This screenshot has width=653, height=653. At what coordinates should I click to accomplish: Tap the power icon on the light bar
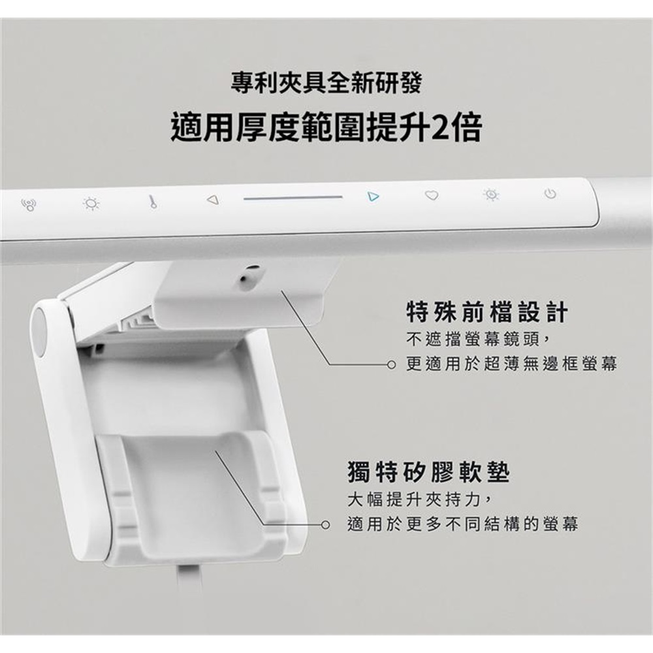pos(550,194)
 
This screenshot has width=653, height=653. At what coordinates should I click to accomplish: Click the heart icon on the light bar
pos(432,195)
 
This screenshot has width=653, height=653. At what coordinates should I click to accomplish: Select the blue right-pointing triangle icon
pos(374,196)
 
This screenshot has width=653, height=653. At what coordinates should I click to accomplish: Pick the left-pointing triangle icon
pos(213,200)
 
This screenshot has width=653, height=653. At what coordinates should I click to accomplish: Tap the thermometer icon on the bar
pos(153,202)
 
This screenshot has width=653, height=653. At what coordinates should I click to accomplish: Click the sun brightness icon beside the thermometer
pos(91,204)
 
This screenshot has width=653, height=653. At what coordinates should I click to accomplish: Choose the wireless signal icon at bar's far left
pos(28,204)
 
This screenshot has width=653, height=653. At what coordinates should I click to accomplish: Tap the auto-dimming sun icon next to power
pos(492,195)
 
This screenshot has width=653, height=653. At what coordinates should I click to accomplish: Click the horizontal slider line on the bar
pos(293,198)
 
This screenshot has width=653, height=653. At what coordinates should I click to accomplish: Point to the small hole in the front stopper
pos(246,278)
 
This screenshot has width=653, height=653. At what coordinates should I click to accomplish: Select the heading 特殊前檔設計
pos(487,313)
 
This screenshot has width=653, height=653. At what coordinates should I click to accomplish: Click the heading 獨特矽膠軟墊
pos(428,472)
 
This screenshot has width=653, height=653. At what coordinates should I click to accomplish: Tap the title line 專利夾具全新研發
pos(326,82)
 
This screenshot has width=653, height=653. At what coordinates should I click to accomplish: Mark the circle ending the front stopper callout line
pos(390,365)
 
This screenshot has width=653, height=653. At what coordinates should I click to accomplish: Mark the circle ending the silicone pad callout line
pos(326,525)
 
